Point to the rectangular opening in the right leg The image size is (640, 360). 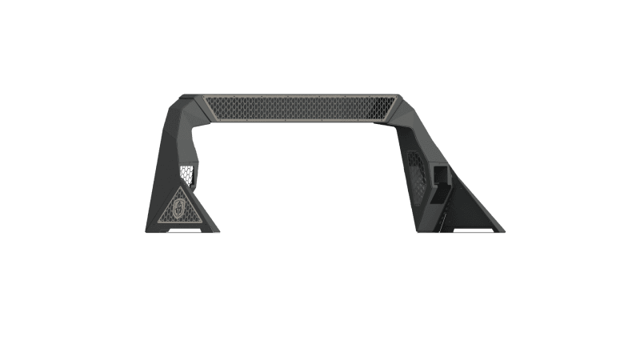[442, 174]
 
